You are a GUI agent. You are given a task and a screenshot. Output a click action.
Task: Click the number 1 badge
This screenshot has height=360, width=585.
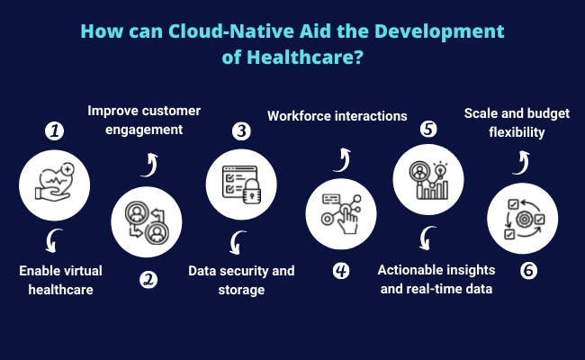55,130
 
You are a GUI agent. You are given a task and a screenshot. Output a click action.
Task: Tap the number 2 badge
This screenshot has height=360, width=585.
148,280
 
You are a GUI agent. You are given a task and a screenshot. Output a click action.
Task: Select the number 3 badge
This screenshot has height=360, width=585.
241,130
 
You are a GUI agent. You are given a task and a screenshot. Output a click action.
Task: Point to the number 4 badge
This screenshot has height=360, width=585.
341,271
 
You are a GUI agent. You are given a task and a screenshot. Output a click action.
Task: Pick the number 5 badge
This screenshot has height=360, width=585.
428,129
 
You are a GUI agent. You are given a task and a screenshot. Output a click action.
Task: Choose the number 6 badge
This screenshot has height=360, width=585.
528,271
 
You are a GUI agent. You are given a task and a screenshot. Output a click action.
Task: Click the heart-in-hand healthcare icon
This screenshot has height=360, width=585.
55,183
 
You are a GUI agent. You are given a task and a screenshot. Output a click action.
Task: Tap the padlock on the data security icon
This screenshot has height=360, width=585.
252,192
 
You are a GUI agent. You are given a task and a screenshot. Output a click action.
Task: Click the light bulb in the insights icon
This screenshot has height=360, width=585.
441,171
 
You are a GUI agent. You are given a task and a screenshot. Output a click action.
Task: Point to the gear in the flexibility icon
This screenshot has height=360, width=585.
524,220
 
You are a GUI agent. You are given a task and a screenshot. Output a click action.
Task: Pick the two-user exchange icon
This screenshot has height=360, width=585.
147,222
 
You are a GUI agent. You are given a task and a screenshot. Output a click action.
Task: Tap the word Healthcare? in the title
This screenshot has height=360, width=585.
305,57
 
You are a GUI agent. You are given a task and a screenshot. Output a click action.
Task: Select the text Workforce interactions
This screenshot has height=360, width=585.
337,116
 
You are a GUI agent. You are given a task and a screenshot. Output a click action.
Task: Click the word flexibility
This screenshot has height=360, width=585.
517,132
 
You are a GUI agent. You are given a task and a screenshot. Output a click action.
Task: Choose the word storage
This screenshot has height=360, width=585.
241,290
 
